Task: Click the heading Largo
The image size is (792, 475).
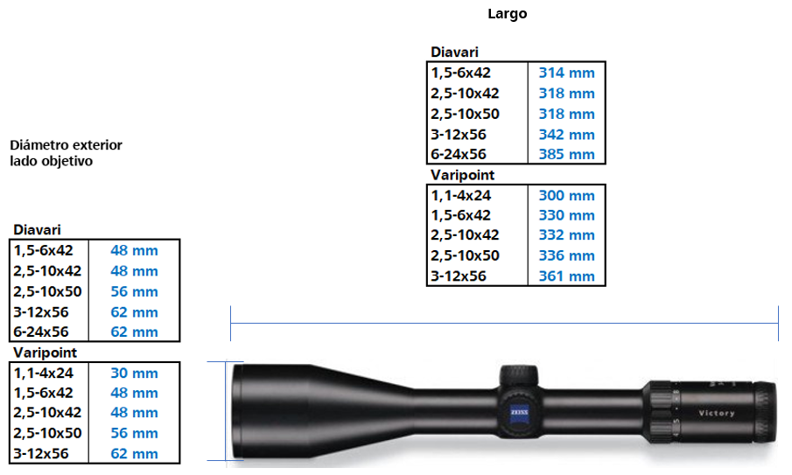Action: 508,14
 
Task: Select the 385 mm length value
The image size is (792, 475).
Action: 566,155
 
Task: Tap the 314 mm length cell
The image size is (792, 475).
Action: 566,73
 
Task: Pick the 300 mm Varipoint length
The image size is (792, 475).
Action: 566,195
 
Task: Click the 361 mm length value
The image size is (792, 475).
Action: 566,276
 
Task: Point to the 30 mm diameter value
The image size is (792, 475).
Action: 134,373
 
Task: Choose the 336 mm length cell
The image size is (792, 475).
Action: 566,255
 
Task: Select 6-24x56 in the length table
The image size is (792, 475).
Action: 459,155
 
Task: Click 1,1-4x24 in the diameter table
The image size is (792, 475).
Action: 44,373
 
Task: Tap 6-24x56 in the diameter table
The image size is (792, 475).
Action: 41,332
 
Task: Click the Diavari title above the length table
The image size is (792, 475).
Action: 454,52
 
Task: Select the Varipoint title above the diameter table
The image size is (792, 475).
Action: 46,353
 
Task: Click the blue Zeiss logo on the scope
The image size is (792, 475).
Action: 514,414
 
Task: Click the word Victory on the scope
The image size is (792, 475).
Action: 717,413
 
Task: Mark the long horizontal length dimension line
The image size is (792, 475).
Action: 504,325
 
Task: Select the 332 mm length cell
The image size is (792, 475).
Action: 566,235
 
